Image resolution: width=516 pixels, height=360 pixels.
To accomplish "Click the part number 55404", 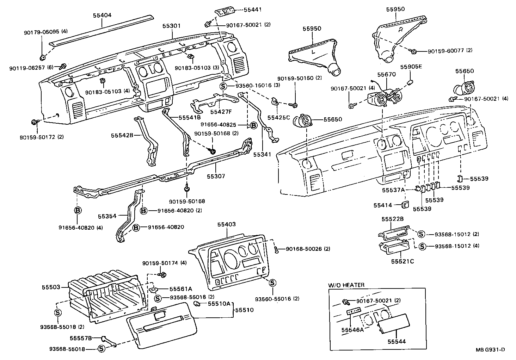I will point(102,15).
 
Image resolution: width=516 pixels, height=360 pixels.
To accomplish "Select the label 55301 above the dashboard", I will point(172,26).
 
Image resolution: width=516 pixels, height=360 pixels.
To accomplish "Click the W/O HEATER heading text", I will point(346,285).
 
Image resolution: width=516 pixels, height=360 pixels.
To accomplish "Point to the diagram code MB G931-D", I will point(490,350).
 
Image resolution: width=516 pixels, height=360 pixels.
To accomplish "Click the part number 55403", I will point(227,224).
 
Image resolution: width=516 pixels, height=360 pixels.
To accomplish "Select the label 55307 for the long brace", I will point(216,176).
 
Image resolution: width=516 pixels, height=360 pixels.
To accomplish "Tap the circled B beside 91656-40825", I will point(253,125).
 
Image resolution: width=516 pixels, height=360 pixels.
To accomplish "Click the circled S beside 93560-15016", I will point(223,86).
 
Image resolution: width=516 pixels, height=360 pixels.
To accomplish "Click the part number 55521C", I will point(403,261).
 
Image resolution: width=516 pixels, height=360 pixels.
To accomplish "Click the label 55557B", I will point(81,338).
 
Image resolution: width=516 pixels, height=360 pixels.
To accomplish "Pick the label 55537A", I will point(393,190).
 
